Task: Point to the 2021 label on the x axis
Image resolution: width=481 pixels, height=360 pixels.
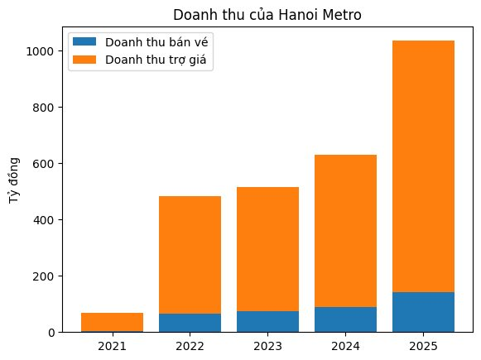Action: [x=112, y=344]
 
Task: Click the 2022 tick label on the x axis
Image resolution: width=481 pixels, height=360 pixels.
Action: [x=190, y=344]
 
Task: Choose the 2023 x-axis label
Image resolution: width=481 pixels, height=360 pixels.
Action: [x=267, y=344]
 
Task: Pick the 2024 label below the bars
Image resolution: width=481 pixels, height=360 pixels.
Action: [x=345, y=344]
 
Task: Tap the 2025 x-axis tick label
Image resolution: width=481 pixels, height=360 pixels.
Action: [x=423, y=344]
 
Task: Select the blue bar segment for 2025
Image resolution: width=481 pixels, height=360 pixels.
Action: [x=423, y=312]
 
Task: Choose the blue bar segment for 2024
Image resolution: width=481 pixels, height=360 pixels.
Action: [x=345, y=319]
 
